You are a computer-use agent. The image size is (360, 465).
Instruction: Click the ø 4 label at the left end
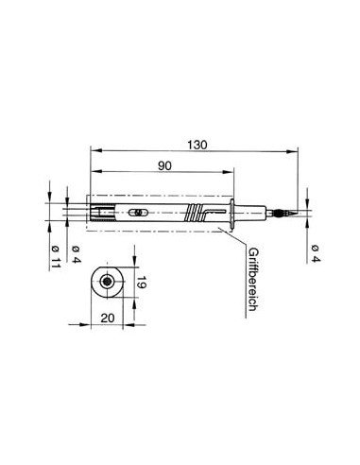(x=73, y=251)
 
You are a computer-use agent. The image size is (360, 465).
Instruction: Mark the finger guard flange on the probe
(x=232, y=213)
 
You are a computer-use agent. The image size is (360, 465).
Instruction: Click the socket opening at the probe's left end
(x=92, y=212)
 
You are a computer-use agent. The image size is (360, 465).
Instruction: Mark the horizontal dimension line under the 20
(x=108, y=326)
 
